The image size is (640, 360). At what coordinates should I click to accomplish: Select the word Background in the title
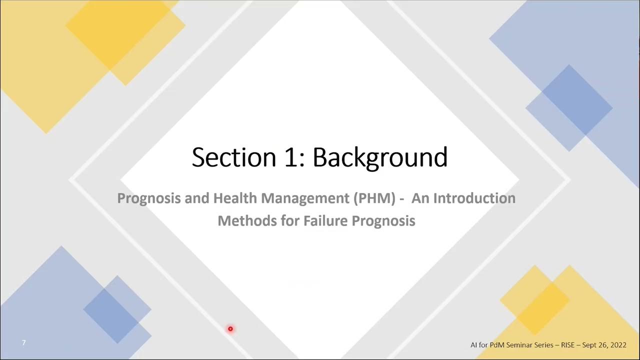380,157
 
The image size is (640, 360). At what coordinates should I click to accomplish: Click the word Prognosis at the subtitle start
149,198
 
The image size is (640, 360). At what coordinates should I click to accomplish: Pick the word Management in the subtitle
305,198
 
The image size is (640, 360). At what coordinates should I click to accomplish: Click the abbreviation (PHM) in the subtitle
374,198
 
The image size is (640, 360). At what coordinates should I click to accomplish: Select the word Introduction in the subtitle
474,198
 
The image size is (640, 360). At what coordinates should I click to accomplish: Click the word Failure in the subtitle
325,220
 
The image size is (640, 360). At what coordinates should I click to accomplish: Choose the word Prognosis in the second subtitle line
383,220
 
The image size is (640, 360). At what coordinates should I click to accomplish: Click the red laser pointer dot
230,328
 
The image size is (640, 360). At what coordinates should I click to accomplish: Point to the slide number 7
23,342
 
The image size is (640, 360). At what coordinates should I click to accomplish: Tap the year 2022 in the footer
617,345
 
